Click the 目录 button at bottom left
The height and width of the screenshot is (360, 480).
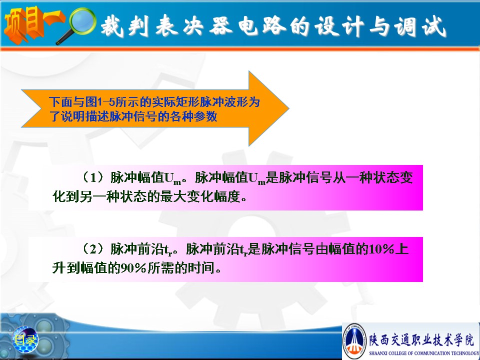coord(25,339)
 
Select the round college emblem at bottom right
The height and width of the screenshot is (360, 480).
coord(354,340)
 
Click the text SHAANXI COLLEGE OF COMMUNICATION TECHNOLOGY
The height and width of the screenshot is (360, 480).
coord(424,353)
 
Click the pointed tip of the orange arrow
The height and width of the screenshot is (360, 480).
coord(288,108)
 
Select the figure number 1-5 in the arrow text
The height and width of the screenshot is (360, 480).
coord(106,101)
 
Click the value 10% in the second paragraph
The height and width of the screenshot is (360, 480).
coord(381,249)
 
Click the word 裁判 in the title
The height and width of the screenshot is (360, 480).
coord(125,25)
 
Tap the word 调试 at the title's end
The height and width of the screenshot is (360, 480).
coord(419,26)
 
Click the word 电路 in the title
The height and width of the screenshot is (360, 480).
coord(261,25)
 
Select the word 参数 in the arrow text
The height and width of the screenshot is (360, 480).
coord(205,116)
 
